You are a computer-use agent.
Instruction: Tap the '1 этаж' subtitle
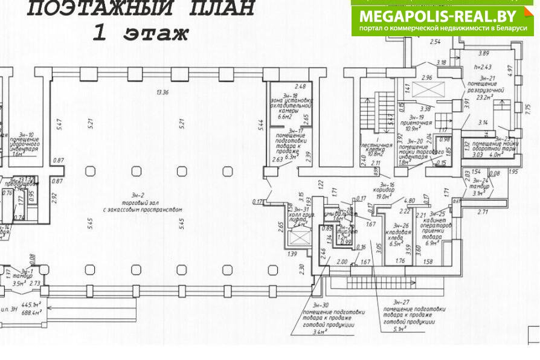coord(140,33)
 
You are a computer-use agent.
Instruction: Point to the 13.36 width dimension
coord(162,92)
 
